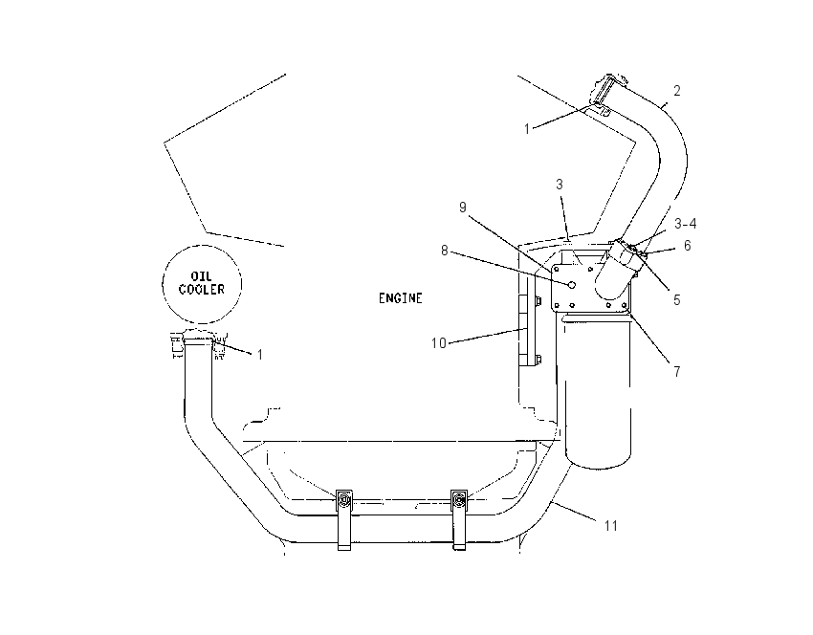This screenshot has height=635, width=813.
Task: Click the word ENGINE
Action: point(400,298)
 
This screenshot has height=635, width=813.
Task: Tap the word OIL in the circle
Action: point(202,276)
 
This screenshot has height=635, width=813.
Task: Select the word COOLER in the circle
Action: point(202,289)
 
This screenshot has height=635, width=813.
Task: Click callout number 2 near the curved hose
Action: point(677,91)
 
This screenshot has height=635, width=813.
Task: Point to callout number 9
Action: point(463,208)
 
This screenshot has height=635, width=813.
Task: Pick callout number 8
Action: point(445,251)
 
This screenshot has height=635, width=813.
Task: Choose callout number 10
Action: point(439,343)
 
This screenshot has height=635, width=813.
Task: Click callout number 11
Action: point(611,526)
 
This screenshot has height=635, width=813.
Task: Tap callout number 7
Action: point(677,372)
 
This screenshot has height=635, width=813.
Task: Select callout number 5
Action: point(676,300)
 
